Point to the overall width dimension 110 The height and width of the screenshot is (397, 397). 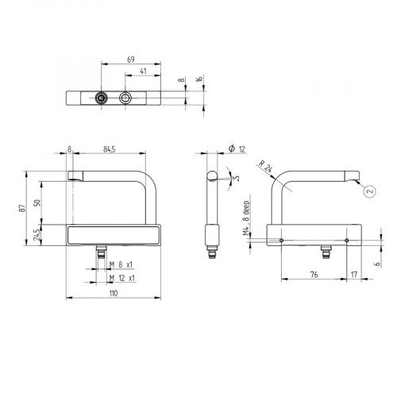click(113, 294)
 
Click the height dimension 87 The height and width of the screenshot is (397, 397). click(25, 206)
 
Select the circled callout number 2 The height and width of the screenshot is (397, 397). click(369, 191)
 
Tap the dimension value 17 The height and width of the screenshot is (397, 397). click(353, 275)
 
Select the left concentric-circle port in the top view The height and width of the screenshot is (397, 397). click(102, 97)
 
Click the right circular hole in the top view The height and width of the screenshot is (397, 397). click(126, 97)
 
